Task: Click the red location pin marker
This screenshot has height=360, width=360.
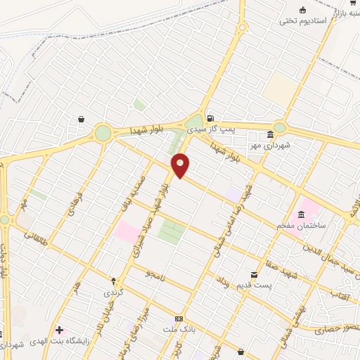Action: tap(181, 165)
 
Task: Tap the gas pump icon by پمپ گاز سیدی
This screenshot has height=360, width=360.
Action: tap(210, 117)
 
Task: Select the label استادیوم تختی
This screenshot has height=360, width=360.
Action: tap(304, 21)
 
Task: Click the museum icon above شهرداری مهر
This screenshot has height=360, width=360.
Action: tap(270, 135)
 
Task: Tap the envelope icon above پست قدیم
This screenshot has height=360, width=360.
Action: tap(254, 273)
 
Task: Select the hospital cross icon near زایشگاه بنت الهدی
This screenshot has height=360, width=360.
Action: tap(59, 330)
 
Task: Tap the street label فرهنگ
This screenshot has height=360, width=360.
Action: tap(77, 205)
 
